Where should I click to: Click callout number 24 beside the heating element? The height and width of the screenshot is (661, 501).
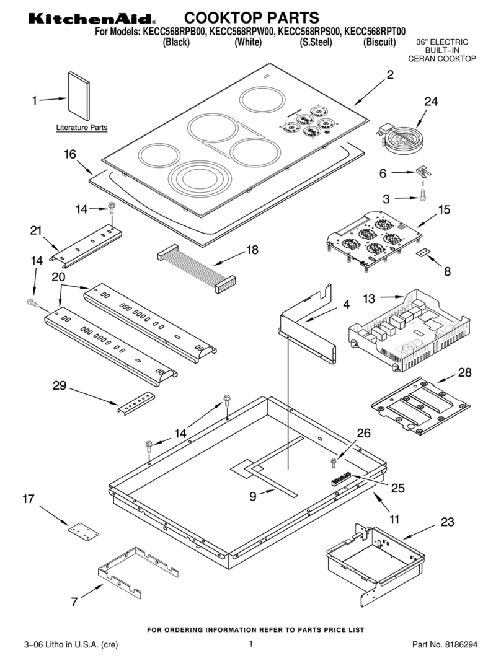431,102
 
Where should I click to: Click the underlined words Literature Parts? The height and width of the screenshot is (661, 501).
82,128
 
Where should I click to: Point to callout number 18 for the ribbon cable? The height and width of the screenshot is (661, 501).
252,250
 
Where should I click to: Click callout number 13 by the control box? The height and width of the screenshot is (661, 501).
368,299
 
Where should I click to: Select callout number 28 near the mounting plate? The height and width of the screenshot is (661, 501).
464,372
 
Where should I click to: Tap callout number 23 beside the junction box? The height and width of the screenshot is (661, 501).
447,522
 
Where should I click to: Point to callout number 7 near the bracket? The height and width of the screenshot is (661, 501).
74,601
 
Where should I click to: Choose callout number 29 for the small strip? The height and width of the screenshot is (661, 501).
60,385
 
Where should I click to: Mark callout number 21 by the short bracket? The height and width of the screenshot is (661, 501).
36,231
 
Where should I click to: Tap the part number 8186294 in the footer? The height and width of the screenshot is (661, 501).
461,645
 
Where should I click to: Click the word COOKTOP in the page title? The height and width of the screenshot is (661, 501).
221,17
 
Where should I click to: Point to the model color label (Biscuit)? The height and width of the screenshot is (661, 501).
379,42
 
